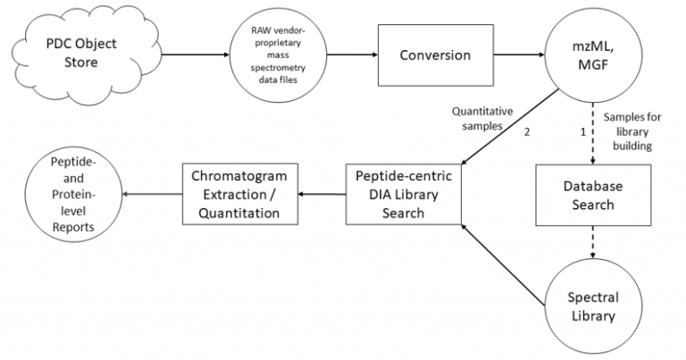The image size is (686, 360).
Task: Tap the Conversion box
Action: point(436,55)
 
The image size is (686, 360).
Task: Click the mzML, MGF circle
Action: point(591,55)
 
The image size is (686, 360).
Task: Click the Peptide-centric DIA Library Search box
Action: point(404,194)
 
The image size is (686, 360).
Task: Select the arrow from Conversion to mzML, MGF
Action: point(521,55)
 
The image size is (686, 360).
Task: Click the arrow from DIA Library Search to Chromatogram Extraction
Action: point(322,194)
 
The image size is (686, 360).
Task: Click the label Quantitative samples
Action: point(483,119)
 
